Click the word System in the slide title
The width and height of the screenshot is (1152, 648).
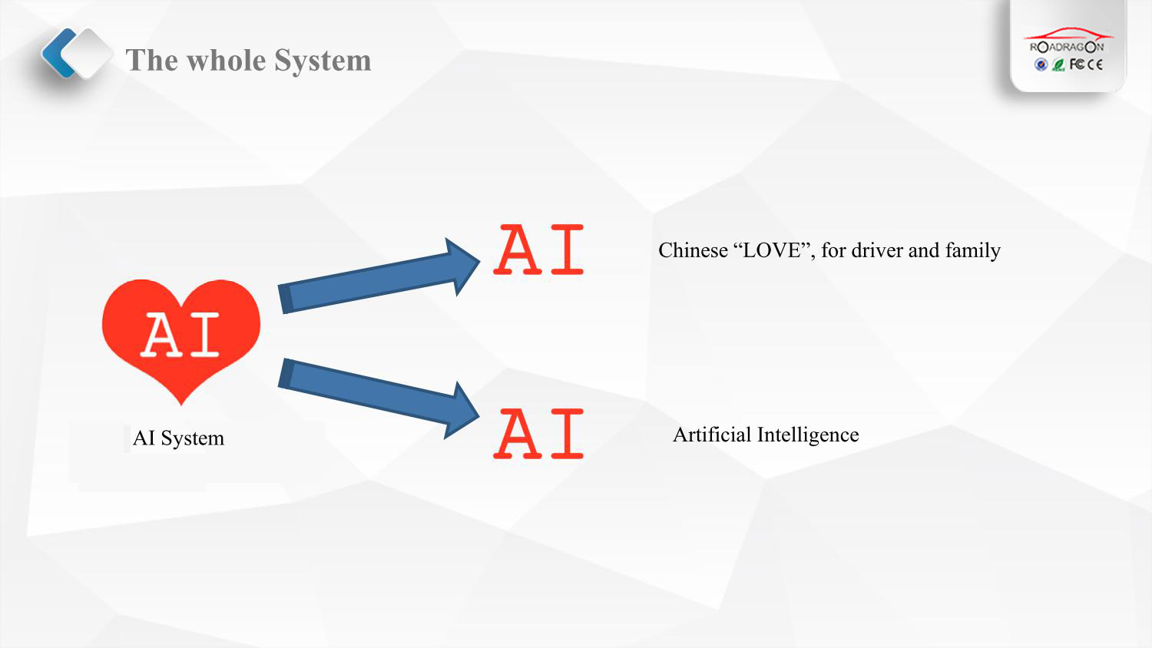(x=323, y=61)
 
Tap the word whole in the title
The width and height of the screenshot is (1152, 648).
(x=227, y=60)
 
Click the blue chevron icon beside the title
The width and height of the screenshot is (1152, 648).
(x=58, y=53)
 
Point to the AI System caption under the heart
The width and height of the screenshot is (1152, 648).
(x=178, y=438)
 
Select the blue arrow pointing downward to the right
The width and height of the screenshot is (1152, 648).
(x=379, y=398)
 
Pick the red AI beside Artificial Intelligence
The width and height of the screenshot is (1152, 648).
(x=538, y=433)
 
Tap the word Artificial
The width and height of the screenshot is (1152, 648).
(x=712, y=435)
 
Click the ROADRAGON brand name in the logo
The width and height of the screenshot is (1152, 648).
(x=1067, y=48)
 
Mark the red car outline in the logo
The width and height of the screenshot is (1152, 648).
(x=1069, y=34)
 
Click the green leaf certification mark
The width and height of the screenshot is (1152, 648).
(x=1058, y=64)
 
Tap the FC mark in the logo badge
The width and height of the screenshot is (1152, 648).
(x=1077, y=64)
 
